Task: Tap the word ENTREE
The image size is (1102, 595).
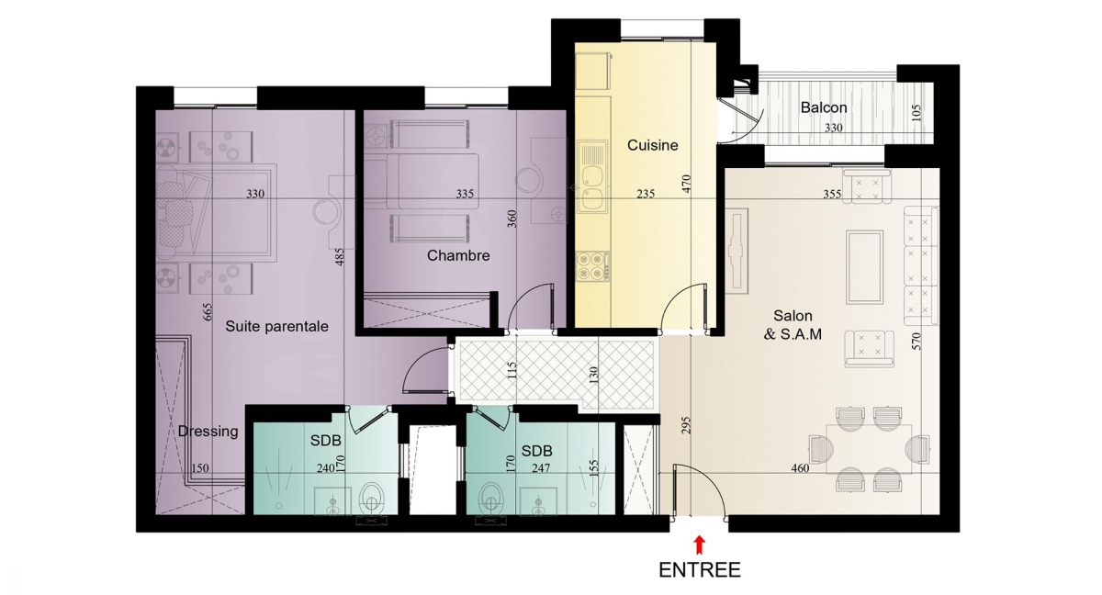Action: pos(700,570)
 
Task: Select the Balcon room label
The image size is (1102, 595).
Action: pos(824,107)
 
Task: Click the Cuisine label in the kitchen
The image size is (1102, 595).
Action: pos(652,145)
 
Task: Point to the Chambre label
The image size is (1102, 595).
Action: pos(458,255)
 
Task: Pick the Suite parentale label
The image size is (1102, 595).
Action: pos(276,327)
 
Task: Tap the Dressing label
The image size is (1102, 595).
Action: pos(208,432)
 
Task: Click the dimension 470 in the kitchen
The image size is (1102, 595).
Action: pos(687,184)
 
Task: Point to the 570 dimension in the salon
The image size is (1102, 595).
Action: pos(916,342)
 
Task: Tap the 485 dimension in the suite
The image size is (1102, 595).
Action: pos(339,257)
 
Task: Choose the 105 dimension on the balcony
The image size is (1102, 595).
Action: pos(916,113)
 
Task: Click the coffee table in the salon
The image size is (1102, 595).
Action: pos(864,267)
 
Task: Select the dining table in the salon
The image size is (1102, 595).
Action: pos(869,449)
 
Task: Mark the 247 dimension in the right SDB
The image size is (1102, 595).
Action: pos(541,468)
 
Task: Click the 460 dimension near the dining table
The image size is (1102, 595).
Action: pos(800,468)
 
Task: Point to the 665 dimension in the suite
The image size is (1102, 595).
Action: pos(208,312)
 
